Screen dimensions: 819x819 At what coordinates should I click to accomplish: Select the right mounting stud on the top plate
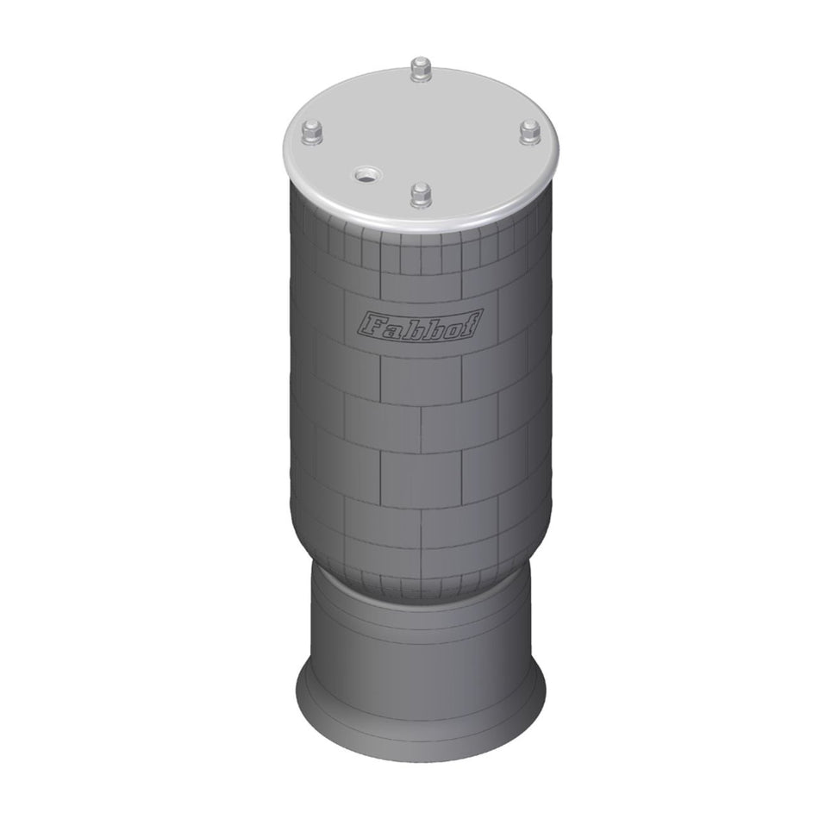click(x=529, y=130)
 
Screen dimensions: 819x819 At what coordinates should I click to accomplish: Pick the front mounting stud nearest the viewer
click(x=420, y=193)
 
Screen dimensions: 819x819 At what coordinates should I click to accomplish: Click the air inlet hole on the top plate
click(x=366, y=176)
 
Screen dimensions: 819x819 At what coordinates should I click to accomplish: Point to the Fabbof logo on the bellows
click(x=420, y=325)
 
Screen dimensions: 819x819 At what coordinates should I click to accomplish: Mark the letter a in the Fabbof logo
click(x=392, y=328)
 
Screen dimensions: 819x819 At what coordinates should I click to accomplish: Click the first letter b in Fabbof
click(x=413, y=326)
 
